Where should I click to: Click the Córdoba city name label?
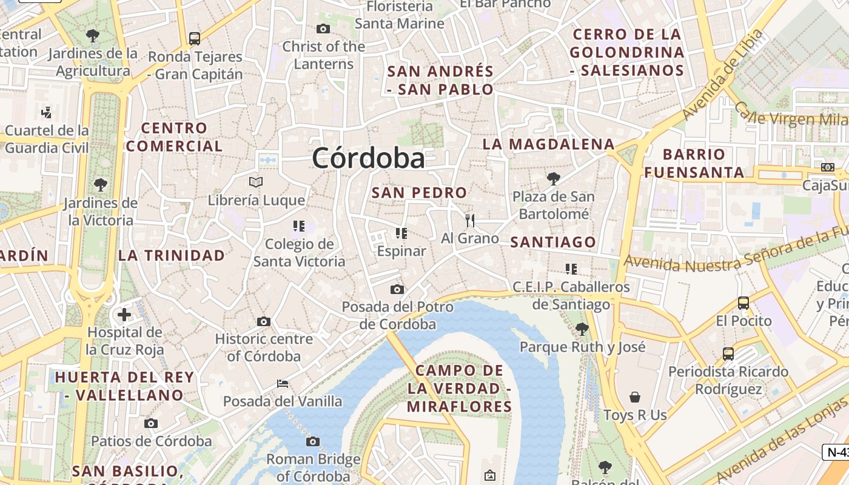tap(368, 158)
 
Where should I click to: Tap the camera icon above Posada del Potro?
tap(397, 289)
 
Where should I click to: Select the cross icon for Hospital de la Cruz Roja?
tap(124, 315)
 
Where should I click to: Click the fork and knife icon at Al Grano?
tap(470, 220)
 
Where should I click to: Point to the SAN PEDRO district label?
tap(419, 193)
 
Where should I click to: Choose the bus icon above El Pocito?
tap(743, 303)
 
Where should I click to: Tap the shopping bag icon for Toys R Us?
tap(635, 397)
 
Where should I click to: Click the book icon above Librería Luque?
tap(257, 182)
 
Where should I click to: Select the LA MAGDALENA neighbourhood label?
tap(548, 144)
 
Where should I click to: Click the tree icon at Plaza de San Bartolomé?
tap(553, 178)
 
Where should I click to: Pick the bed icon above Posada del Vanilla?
tap(283, 383)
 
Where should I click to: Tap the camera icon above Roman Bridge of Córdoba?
tap(313, 441)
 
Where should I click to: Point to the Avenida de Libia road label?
tap(721, 75)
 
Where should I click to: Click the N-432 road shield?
tap(836, 452)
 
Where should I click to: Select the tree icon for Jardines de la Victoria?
tap(101, 184)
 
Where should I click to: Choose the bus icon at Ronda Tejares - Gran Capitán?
tap(195, 39)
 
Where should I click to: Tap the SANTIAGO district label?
tap(553, 242)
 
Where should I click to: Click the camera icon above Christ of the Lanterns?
tap(323, 28)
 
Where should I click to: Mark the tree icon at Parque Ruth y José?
tap(582, 329)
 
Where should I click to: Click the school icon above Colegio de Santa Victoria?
tap(298, 226)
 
